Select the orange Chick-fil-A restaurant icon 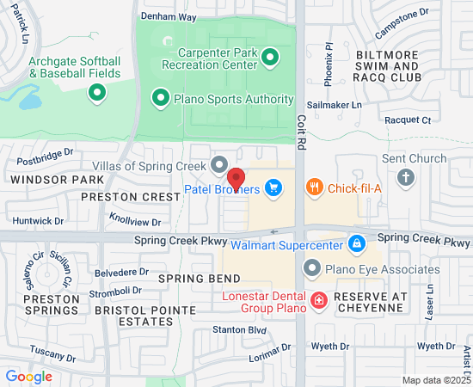click(315, 187)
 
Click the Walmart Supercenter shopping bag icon click(356, 245)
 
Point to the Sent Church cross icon click(406, 178)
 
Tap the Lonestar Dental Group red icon click(318, 300)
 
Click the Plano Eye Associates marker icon click(311, 269)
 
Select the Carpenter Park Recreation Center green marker click(270, 58)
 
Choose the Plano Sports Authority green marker click(160, 99)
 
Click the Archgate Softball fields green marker click(96, 94)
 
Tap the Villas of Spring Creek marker click(218, 163)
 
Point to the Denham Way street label click(169, 16)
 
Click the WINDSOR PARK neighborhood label click(45, 180)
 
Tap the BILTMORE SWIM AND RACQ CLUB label click(387, 65)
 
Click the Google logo click(28, 376)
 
